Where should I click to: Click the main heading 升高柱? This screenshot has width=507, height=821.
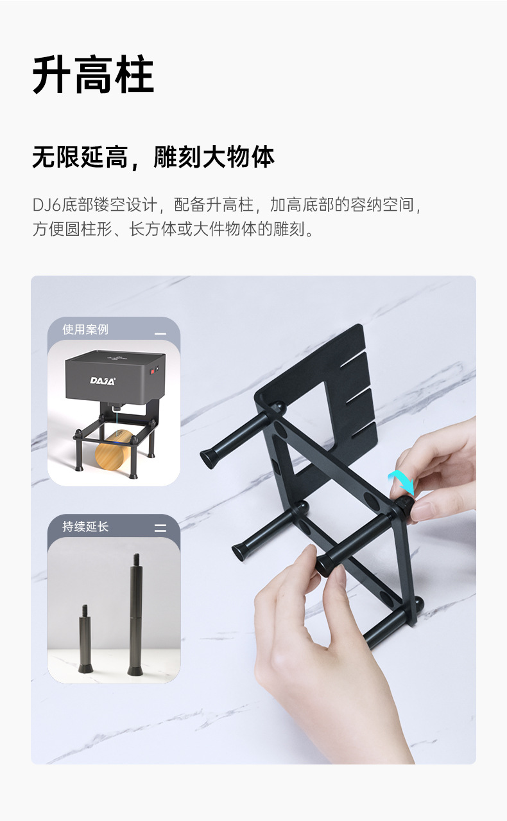coord(93,75)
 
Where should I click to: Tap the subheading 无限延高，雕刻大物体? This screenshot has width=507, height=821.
coord(153,157)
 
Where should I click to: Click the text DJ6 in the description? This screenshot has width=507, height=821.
coord(46,206)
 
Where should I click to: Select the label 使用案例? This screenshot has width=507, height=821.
coord(85,330)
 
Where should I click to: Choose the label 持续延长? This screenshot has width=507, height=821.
coord(85,527)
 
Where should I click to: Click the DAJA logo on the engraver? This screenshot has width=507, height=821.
coord(103,381)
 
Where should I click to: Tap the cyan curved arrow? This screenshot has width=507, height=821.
coord(402,482)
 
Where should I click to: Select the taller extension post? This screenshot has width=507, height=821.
coord(135,617)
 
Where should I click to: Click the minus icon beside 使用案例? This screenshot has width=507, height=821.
coord(160,334)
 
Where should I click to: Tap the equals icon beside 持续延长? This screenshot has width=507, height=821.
coord(160,528)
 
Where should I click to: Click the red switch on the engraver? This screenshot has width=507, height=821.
coord(154,371)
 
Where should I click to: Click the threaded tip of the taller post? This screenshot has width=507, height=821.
coord(136,558)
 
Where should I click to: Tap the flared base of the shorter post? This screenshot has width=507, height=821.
coord(85,668)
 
